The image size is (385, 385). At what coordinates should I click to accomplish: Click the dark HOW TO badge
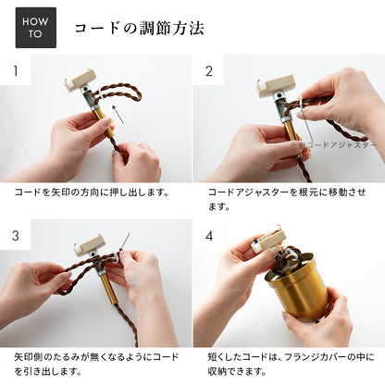(36, 28)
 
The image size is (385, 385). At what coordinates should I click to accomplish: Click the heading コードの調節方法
(140, 29)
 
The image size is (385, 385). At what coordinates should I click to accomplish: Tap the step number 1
(16, 71)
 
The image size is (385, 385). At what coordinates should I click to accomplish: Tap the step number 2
(209, 71)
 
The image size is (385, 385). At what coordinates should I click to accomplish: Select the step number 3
(16, 236)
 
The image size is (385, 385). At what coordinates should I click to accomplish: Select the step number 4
(209, 236)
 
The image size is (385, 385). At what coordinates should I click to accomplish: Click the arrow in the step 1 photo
(118, 114)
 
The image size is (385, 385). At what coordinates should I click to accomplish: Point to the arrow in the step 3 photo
(125, 242)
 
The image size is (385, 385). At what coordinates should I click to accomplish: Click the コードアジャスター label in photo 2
(342, 145)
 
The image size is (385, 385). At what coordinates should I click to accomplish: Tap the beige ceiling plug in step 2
(276, 84)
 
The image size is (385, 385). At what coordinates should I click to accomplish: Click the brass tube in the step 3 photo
(108, 288)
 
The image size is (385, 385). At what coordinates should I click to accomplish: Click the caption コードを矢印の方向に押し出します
(92, 192)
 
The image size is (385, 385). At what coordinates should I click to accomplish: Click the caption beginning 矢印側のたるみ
(96, 364)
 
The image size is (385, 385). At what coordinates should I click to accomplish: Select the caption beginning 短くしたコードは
(291, 364)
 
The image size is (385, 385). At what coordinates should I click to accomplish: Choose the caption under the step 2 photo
(287, 199)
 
